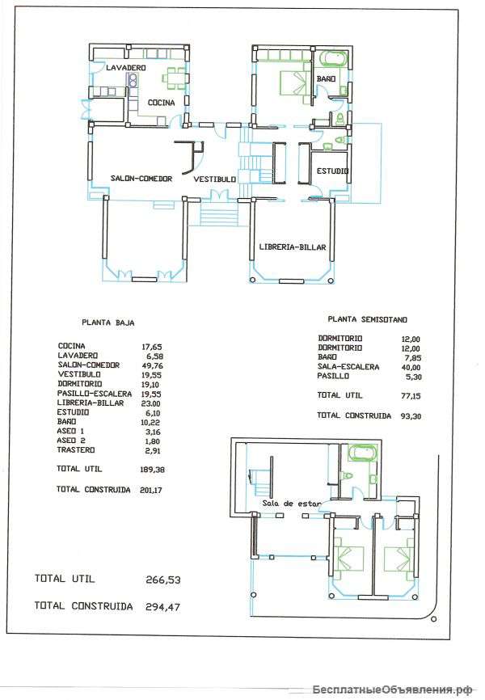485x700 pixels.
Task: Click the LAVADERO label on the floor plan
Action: (126, 68)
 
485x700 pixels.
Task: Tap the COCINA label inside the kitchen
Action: (161, 103)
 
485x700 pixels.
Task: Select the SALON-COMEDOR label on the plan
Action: (141, 179)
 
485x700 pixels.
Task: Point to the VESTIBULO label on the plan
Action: (214, 179)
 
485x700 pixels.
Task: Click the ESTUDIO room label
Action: (332, 171)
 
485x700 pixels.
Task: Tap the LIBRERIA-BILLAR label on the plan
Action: (293, 247)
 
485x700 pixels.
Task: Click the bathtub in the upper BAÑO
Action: (334, 59)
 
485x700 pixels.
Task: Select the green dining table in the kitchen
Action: (174, 78)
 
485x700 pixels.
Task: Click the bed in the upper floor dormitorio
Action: (294, 83)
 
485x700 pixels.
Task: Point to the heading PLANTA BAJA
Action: (108, 323)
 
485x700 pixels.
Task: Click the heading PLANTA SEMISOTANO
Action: (368, 319)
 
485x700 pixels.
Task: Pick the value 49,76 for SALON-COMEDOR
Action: (152, 365)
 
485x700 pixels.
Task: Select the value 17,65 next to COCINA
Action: (152, 347)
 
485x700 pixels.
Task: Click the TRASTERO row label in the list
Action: (76, 450)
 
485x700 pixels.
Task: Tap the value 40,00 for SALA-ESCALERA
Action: (411, 368)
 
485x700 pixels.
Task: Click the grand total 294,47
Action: (163, 607)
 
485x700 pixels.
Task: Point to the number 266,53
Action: (163, 580)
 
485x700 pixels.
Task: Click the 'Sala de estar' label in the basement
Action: (291, 503)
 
